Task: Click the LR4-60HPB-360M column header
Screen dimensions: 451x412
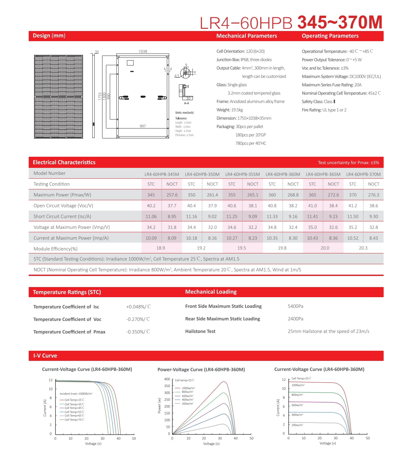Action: click(x=283, y=174)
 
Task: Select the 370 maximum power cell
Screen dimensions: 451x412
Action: click(x=353, y=195)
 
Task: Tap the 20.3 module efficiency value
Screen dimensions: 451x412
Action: click(x=363, y=248)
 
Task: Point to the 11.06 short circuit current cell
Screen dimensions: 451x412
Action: click(x=151, y=216)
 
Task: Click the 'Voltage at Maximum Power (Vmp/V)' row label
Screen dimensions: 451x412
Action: click(x=71, y=227)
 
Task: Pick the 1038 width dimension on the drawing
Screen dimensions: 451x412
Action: click(x=143, y=51)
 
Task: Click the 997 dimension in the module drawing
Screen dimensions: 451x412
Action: click(x=143, y=126)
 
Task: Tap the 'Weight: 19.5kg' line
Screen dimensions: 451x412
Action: click(x=230, y=110)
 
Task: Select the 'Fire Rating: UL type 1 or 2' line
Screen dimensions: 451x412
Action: click(x=324, y=110)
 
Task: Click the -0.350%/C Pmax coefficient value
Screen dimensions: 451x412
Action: click(x=138, y=331)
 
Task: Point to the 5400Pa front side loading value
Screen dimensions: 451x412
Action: click(x=295, y=306)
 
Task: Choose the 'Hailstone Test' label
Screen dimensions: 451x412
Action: click(x=200, y=331)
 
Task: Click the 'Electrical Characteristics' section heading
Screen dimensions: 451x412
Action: click(x=64, y=162)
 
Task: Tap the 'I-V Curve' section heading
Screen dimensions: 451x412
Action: click(x=45, y=356)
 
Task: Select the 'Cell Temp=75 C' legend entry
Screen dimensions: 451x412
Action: click(x=74, y=420)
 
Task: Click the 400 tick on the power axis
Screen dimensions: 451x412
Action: click(x=167, y=379)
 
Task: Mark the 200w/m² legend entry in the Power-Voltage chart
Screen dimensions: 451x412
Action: click(x=187, y=404)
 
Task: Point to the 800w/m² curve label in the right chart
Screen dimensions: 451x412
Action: click(x=297, y=395)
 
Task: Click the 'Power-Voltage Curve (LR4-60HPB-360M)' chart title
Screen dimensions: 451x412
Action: click(x=201, y=369)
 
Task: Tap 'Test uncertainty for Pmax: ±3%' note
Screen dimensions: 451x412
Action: click(x=348, y=162)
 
